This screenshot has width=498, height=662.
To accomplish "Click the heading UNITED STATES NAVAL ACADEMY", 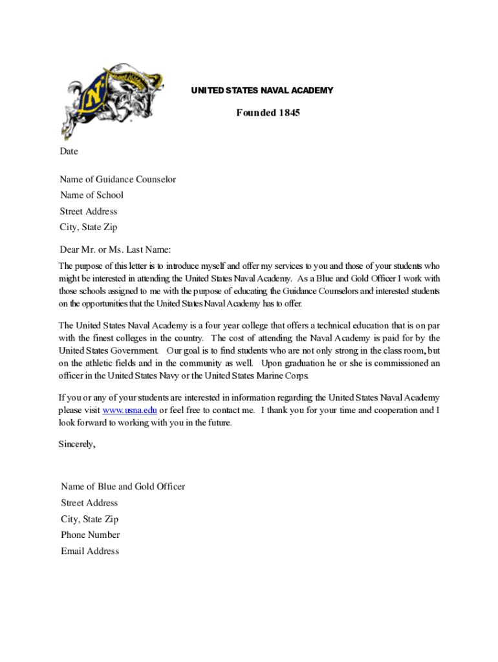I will (x=262, y=91).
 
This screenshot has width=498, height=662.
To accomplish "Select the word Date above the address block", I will (x=69, y=151).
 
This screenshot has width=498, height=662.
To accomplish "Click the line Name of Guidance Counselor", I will (x=118, y=179).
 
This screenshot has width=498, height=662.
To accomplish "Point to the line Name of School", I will (x=92, y=195).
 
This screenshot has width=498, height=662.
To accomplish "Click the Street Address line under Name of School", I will (x=89, y=211).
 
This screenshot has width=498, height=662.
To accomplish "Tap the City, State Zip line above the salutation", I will (x=89, y=228).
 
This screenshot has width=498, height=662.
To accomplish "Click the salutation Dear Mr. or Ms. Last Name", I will (x=114, y=250).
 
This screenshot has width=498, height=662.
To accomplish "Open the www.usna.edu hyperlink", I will (x=129, y=411).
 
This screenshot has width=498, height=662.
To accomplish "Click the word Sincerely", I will (x=77, y=444).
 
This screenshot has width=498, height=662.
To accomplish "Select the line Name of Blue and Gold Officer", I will (x=123, y=487).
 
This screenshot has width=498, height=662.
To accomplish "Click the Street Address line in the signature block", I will (x=89, y=503).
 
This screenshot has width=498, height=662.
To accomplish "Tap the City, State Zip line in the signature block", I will (x=89, y=519).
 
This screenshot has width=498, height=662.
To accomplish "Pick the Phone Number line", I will (x=90, y=535).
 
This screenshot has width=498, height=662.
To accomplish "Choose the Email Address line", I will (x=90, y=551).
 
